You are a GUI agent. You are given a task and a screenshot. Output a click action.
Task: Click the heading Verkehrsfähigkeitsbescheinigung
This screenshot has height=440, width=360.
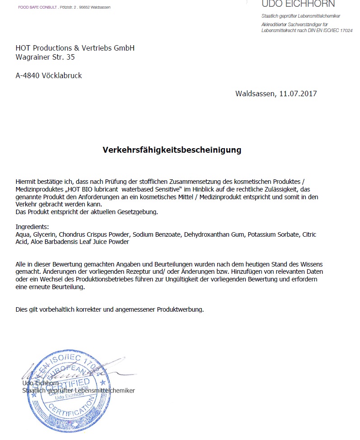tap(172, 150)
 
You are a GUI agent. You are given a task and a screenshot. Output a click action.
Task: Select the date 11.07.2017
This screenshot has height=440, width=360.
tap(298, 94)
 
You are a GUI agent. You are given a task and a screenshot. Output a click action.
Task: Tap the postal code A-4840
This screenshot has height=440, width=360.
tap(28, 75)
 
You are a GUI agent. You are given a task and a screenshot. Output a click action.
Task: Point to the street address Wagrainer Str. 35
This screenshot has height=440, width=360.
tap(45, 57)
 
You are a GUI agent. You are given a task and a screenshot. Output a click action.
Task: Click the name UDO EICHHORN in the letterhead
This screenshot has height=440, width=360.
tap(298, 4)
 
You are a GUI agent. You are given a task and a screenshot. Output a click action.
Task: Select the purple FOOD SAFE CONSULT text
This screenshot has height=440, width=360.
tap(37, 7)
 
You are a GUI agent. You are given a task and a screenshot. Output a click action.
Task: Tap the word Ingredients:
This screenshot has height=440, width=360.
tap(32, 227)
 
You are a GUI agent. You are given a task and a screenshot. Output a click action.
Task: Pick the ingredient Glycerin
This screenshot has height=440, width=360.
tap(44, 234)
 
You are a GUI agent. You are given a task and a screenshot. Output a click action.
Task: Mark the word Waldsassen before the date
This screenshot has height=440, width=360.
tap(256, 94)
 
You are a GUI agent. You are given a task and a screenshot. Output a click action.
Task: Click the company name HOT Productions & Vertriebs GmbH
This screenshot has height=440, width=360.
tap(75, 48)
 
